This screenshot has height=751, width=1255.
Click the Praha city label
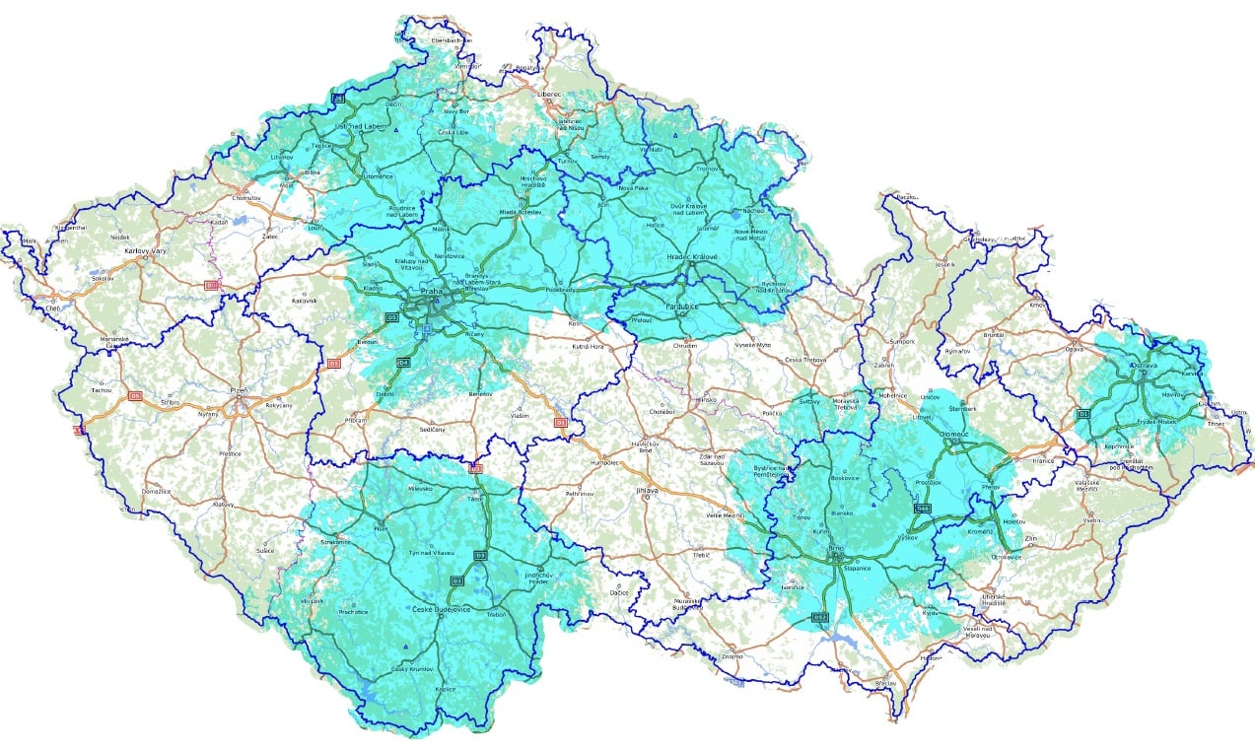(x=431, y=292)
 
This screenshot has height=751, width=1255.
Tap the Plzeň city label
(x=237, y=390)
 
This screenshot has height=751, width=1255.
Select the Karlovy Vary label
(x=142, y=251)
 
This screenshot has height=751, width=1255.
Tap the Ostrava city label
(x=1144, y=365)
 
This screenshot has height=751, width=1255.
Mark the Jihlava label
(x=647, y=489)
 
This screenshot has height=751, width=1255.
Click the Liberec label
(x=549, y=95)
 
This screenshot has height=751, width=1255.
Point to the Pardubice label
(x=681, y=307)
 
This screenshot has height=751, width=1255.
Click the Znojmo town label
(x=732, y=655)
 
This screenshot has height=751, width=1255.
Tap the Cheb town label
(x=52, y=308)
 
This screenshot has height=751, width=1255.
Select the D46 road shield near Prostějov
(x=922, y=509)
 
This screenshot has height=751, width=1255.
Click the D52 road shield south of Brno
(x=819, y=617)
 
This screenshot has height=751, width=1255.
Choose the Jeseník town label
(x=946, y=265)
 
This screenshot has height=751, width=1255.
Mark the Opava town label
(x=1074, y=350)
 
